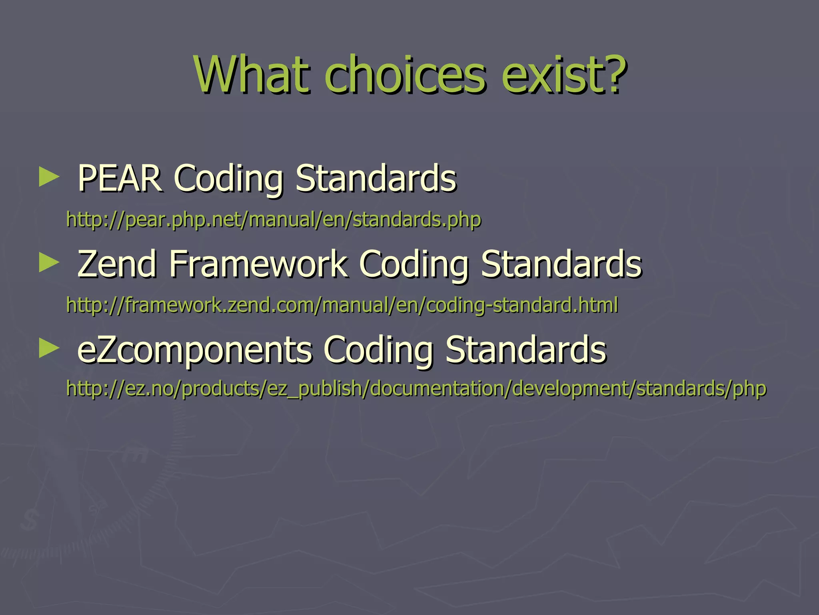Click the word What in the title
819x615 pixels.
(252, 75)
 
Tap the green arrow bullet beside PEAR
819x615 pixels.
(49, 177)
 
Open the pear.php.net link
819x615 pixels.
(274, 219)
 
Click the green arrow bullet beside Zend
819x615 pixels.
(49, 263)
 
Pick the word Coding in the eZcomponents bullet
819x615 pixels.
(378, 350)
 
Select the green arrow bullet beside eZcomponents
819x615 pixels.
(49, 348)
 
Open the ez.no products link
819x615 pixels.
(416, 388)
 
